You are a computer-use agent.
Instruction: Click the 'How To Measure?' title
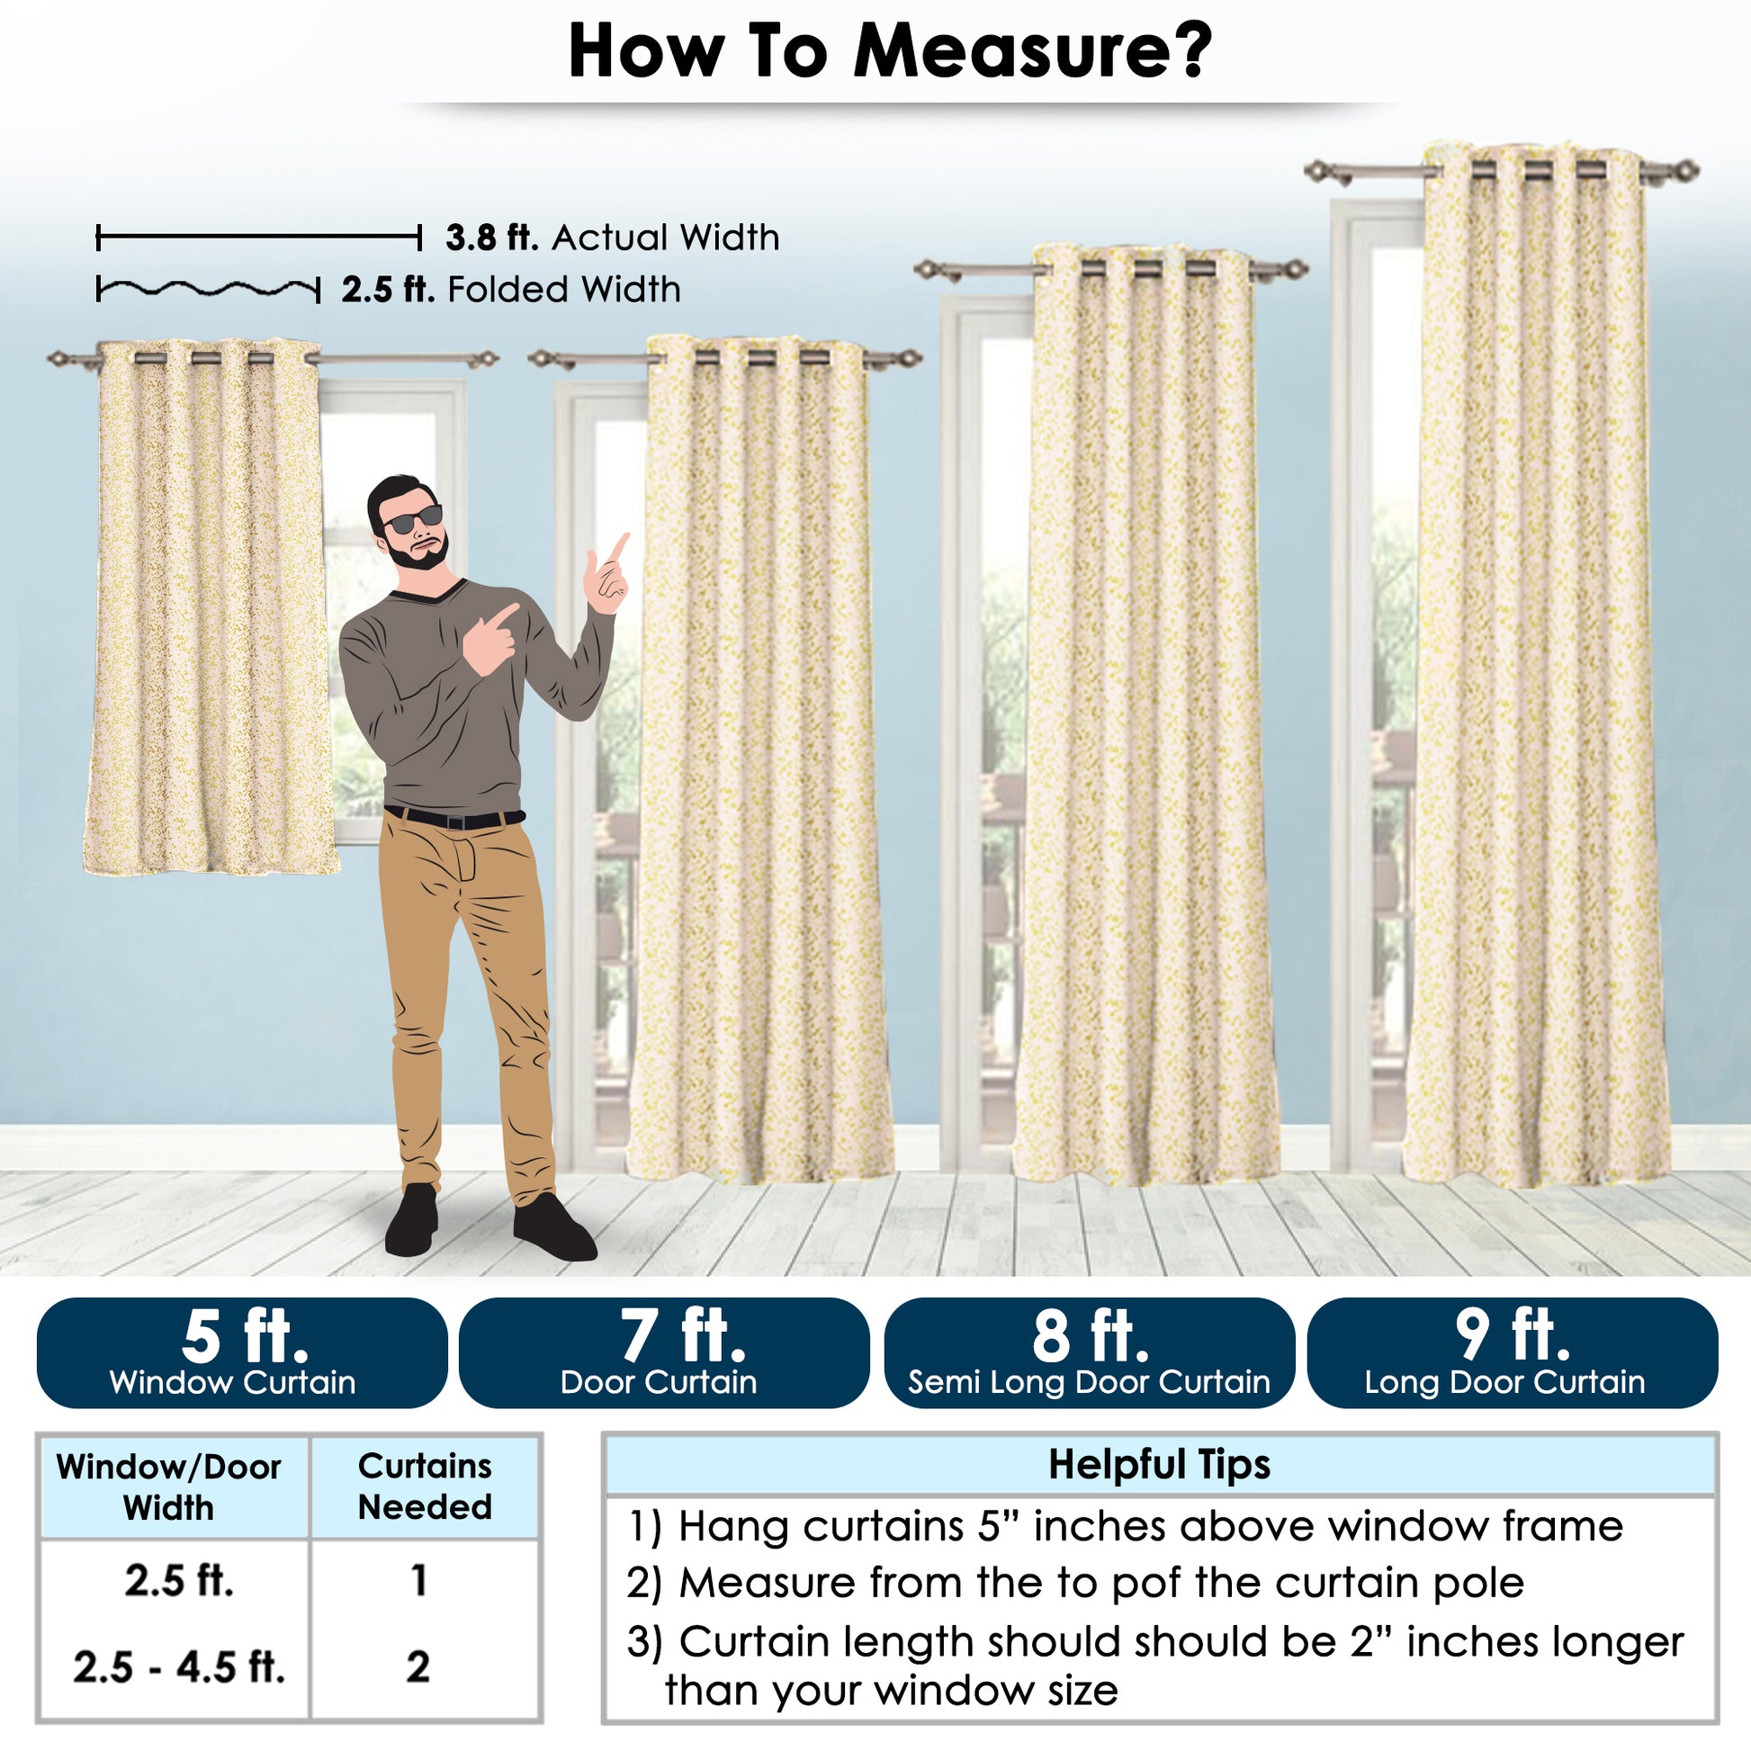coord(889,51)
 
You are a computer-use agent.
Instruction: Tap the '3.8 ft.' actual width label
coord(492,238)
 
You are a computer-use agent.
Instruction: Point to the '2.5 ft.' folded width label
coord(388,290)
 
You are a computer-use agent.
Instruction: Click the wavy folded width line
coord(209,290)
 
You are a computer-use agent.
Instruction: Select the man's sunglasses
coord(412,519)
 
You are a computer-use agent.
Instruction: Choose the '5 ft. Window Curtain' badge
coord(242,1352)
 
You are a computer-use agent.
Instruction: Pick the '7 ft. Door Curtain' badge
coord(664,1352)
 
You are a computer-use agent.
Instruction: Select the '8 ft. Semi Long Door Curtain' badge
coord(1089,1352)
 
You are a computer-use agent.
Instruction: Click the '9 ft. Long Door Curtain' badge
coord(1512,1352)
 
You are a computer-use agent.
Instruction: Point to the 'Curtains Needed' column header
coord(425,1486)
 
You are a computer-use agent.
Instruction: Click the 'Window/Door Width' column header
coord(168,1487)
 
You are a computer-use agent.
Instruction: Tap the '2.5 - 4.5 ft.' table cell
coord(178,1666)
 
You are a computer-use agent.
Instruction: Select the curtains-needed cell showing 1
coord(418,1581)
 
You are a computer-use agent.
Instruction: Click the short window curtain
coord(211,607)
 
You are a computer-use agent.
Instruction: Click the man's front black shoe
coord(553,1228)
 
